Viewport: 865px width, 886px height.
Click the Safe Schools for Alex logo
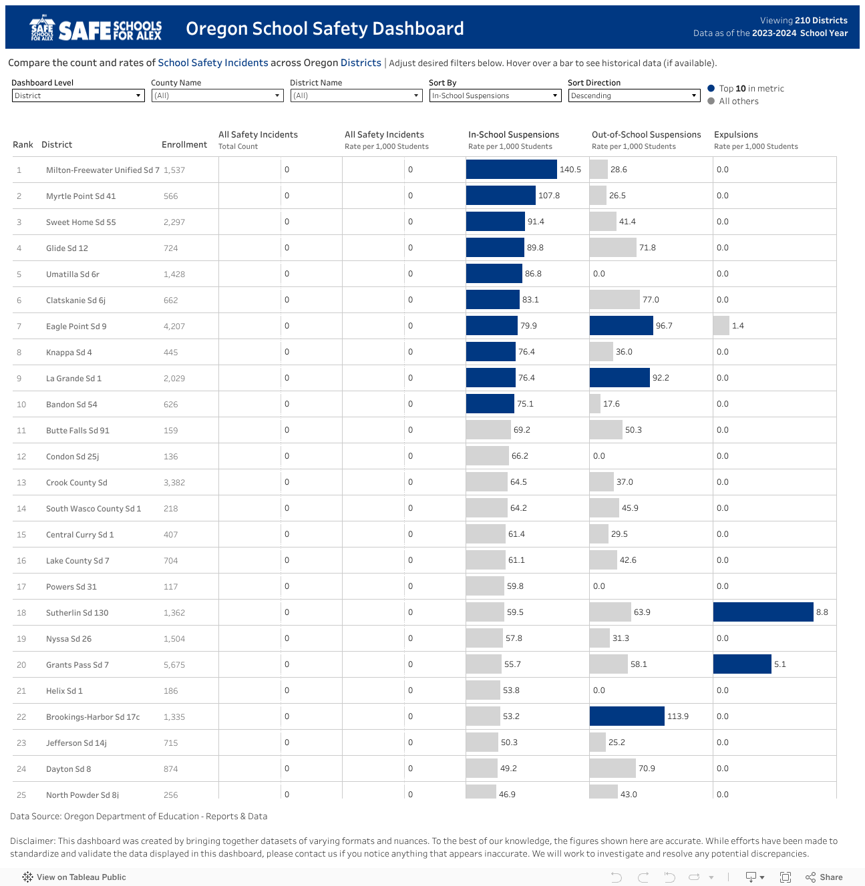pyautogui.click(x=96, y=29)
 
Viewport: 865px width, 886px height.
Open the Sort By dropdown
pyautogui.click(x=494, y=95)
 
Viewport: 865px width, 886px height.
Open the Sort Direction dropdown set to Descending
pyautogui.click(x=633, y=95)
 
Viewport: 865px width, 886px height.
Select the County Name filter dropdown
pyautogui.click(x=217, y=95)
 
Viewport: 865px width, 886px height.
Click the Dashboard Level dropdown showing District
pyautogui.click(x=78, y=95)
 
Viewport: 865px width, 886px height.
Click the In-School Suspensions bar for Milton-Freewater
pyautogui.click(x=511, y=170)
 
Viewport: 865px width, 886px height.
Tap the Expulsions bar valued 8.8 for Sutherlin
pyautogui.click(x=763, y=612)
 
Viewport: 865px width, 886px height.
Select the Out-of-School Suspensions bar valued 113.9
pyautogui.click(x=627, y=716)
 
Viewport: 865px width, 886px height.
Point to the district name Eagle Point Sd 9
pyautogui.click(x=76, y=326)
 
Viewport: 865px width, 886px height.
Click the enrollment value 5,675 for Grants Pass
pyautogui.click(x=174, y=665)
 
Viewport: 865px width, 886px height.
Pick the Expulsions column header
pyautogui.click(x=735, y=135)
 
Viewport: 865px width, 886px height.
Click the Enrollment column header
pyautogui.click(x=184, y=145)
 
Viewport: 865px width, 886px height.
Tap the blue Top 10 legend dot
pyautogui.click(x=711, y=88)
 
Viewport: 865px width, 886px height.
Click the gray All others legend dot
pyautogui.click(x=711, y=101)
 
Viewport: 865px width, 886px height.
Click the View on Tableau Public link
pyautogui.click(x=74, y=877)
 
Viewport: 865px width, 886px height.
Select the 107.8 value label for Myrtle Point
pyautogui.click(x=549, y=196)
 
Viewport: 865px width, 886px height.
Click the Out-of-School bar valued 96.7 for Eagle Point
pyautogui.click(x=621, y=326)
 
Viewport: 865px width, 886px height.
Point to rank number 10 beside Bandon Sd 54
pyautogui.click(x=21, y=405)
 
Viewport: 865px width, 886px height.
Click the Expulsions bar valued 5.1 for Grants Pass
pyautogui.click(x=742, y=664)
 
